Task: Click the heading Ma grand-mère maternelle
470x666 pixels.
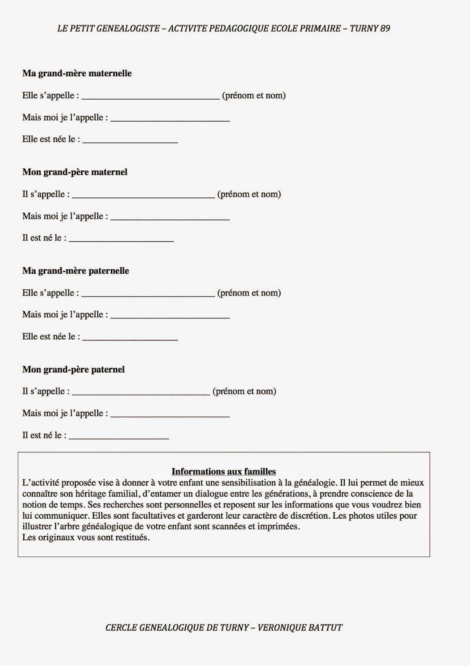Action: [x=77, y=73]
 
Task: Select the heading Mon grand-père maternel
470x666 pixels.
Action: [x=75, y=172]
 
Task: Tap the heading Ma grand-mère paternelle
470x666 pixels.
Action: [x=76, y=271]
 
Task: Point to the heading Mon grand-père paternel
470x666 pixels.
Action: [x=74, y=369]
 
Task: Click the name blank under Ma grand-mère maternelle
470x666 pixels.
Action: [x=151, y=97]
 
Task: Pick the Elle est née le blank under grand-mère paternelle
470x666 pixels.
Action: [x=130, y=338]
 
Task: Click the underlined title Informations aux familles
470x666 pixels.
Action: [x=224, y=472]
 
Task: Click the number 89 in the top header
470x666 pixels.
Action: [x=385, y=28]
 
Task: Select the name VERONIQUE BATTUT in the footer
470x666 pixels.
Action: [x=300, y=627]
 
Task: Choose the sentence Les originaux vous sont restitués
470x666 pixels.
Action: [x=86, y=537]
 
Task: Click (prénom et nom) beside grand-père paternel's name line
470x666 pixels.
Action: [x=244, y=391]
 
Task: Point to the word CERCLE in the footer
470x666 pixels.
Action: [x=120, y=627]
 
